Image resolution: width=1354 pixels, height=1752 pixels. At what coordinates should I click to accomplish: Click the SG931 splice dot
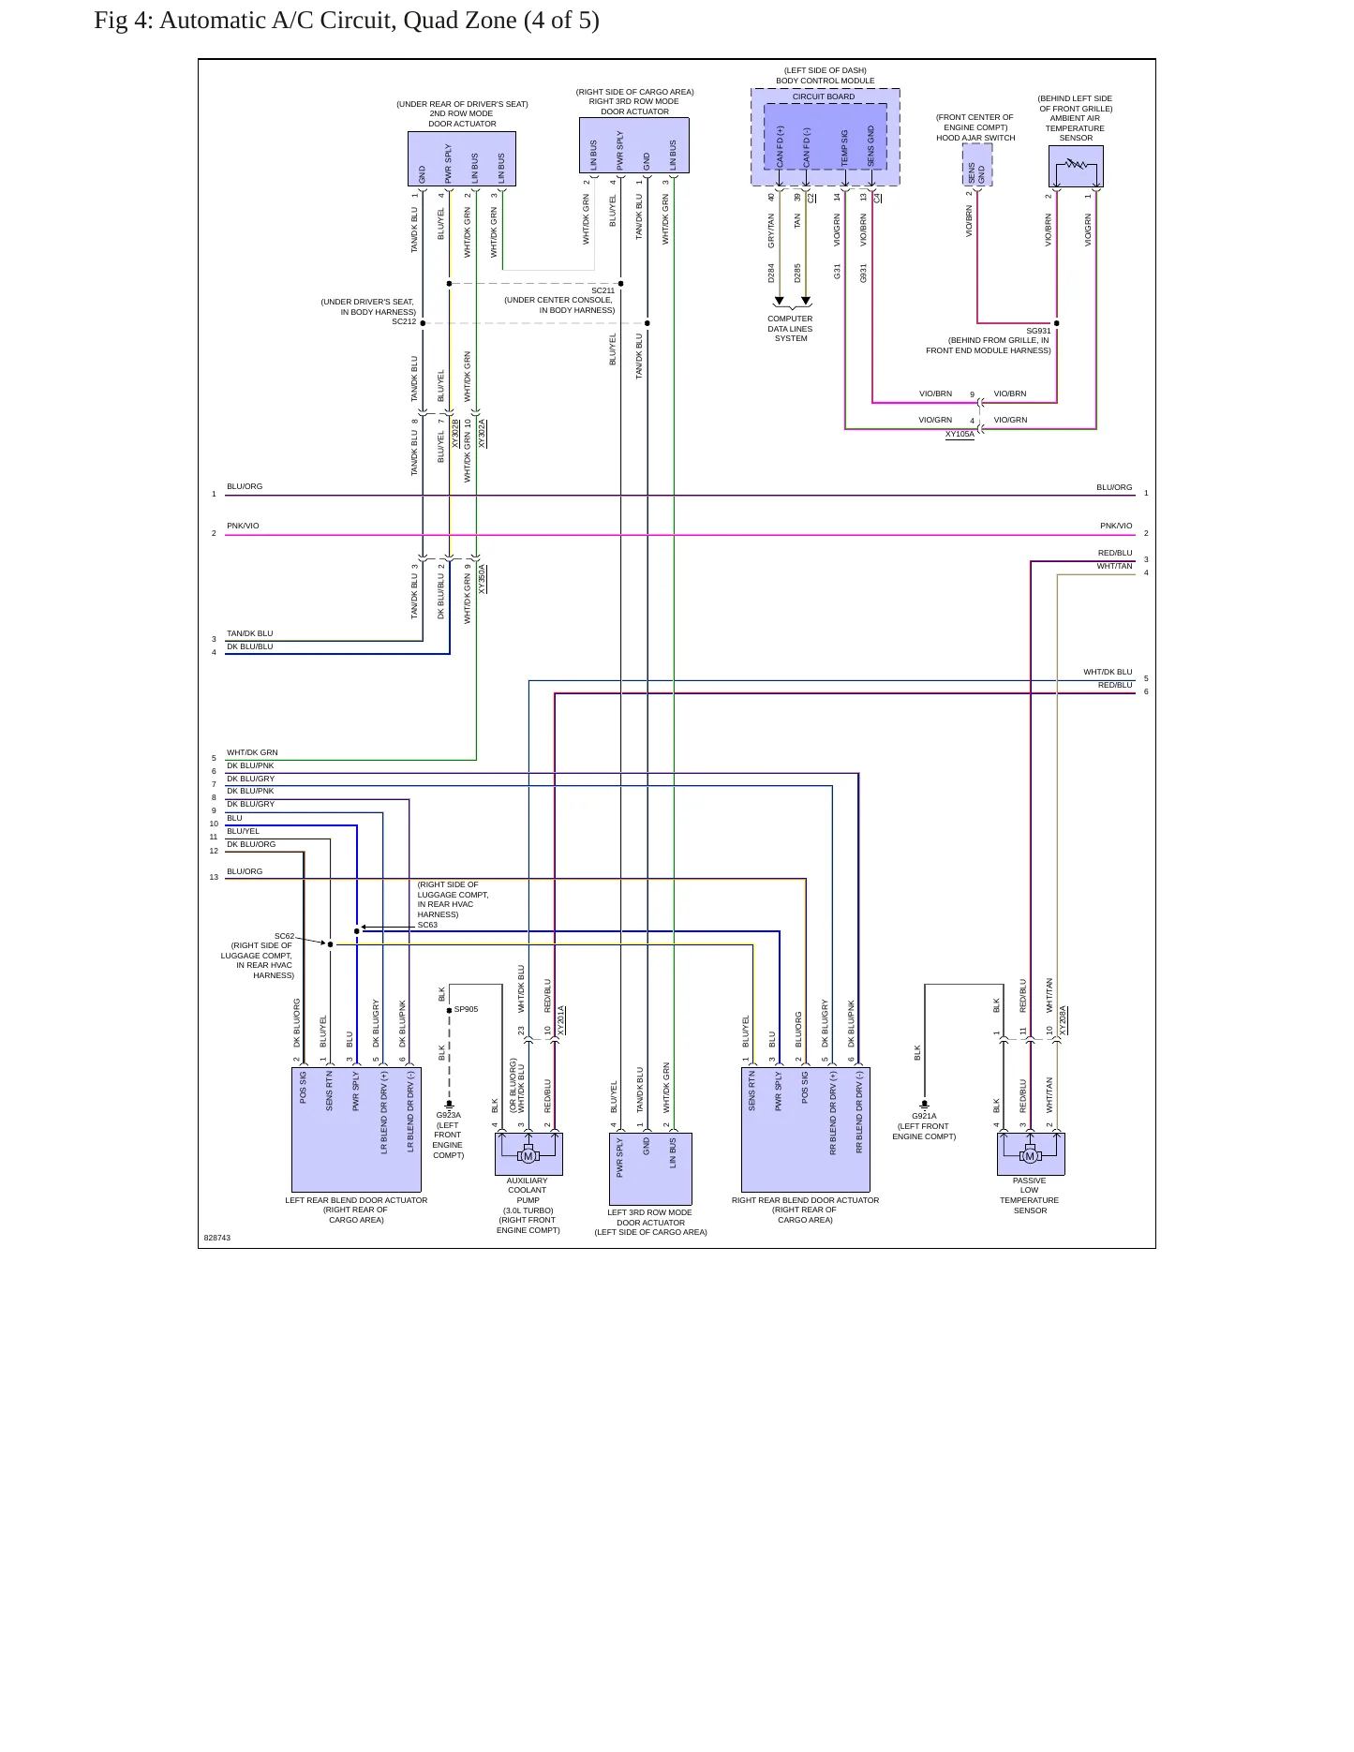pyautogui.click(x=1057, y=323)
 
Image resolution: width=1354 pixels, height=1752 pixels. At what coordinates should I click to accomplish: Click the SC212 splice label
pyautogui.click(x=404, y=321)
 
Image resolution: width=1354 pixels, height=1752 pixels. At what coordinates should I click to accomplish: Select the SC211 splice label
pyautogui.click(x=603, y=290)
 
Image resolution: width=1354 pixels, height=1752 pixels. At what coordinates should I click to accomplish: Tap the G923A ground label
pyautogui.click(x=449, y=1115)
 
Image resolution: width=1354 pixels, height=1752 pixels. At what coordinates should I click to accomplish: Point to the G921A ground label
pyautogui.click(x=924, y=1116)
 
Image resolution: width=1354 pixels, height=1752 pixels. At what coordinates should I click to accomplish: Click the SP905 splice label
pyautogui.click(x=466, y=1009)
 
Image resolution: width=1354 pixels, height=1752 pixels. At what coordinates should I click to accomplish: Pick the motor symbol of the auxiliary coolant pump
pyautogui.click(x=528, y=1155)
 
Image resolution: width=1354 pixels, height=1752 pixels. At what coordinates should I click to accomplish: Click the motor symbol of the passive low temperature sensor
pyautogui.click(x=1030, y=1155)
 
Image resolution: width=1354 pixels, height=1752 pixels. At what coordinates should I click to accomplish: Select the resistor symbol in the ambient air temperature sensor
pyautogui.click(x=1076, y=164)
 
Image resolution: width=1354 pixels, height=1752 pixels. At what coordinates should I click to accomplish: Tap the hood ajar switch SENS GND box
pyautogui.click(x=977, y=166)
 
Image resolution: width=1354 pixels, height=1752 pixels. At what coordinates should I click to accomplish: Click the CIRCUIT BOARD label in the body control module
pyautogui.click(x=824, y=97)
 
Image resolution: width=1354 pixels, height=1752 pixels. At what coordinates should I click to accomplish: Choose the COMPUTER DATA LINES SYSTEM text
pyautogui.click(x=790, y=329)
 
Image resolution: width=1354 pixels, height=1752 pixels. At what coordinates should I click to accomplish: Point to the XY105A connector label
pyautogui.click(x=960, y=434)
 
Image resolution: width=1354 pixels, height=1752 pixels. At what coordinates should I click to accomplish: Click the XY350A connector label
pyautogui.click(x=483, y=578)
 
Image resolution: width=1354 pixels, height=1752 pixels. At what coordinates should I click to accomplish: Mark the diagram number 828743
pyautogui.click(x=217, y=1238)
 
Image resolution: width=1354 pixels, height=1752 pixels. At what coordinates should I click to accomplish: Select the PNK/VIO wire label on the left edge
pyautogui.click(x=243, y=526)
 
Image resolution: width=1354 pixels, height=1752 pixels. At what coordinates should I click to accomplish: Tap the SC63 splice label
pyautogui.click(x=427, y=925)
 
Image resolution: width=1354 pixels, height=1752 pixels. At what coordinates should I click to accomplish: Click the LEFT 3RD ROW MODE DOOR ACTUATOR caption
pyautogui.click(x=650, y=1222)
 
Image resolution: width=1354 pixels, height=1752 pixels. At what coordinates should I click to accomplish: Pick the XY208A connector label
pyautogui.click(x=1064, y=1020)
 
